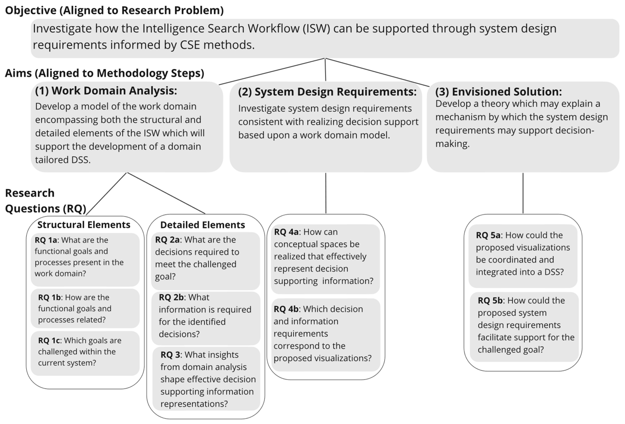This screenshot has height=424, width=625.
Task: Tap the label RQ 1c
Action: tap(49, 340)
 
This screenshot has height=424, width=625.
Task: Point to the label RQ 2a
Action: tap(167, 239)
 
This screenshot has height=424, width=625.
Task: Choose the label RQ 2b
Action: tap(171, 297)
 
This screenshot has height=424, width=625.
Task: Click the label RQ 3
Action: tap(170, 355)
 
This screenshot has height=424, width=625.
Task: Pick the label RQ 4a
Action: tap(286, 232)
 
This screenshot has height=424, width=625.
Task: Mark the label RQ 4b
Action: tap(286, 309)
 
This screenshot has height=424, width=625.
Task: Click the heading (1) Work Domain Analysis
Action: tap(106, 91)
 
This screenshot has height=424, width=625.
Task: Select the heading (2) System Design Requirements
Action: tap(327, 92)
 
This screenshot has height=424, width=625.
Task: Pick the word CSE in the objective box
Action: tap(190, 45)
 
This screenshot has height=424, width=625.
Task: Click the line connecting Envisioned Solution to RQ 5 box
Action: tap(523, 193)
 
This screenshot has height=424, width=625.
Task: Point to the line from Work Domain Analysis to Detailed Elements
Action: tap(166, 193)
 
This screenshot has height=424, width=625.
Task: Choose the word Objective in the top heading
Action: tap(31, 10)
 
